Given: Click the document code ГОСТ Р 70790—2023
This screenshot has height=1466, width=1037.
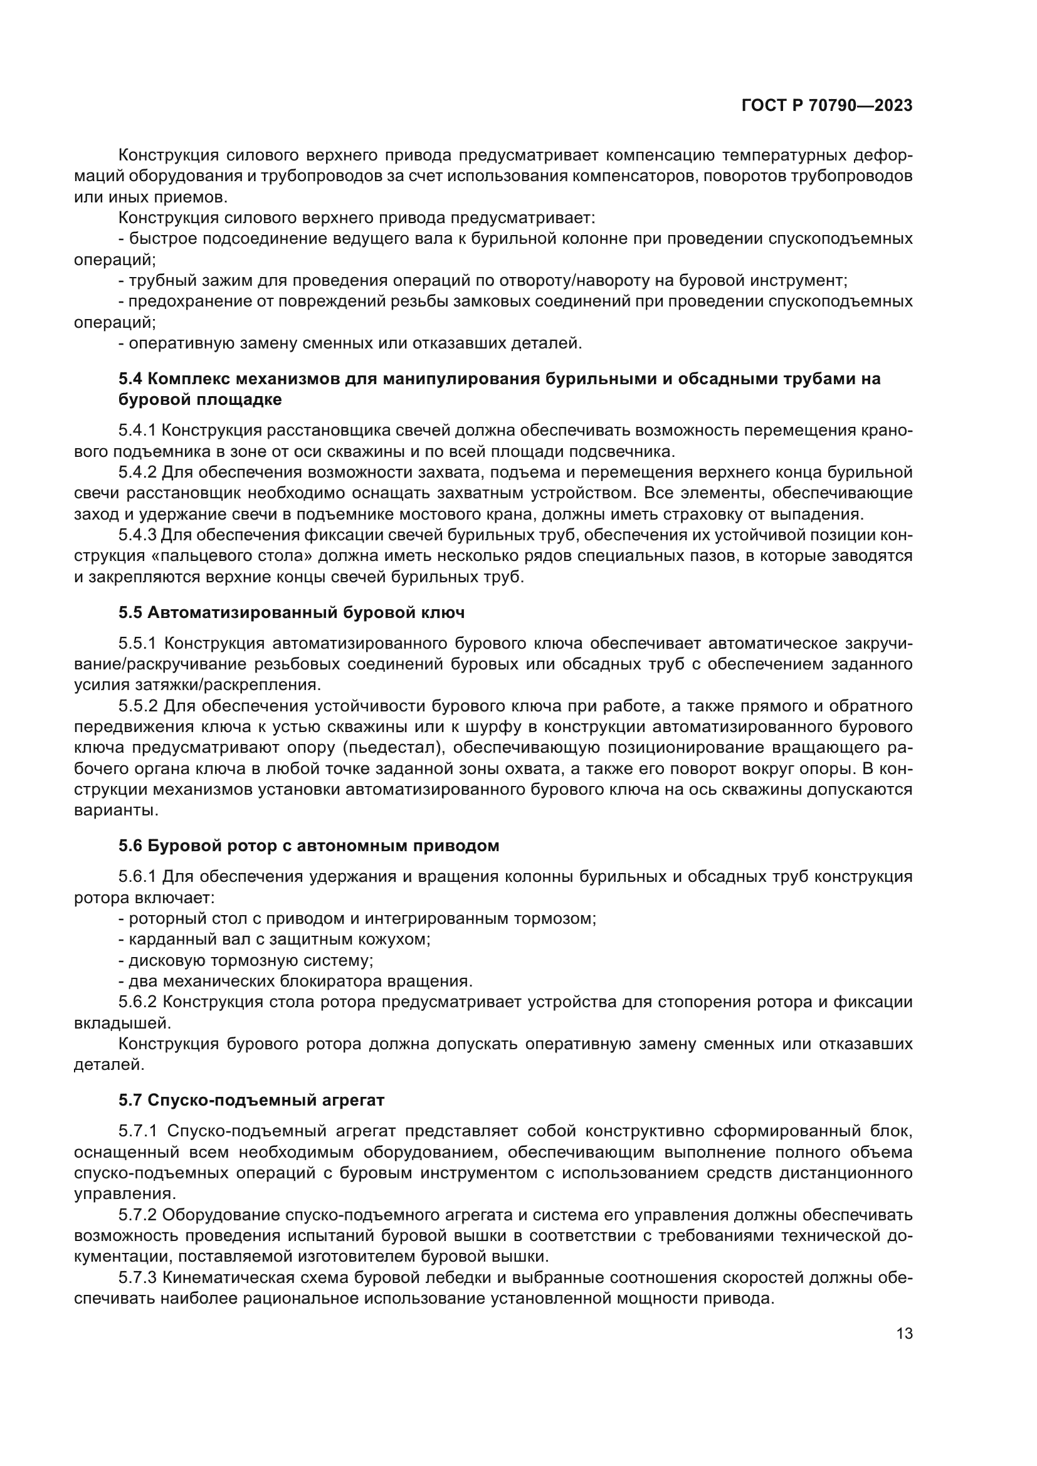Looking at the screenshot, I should coord(827,106).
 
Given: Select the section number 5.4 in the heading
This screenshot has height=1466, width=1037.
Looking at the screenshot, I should coord(130,379).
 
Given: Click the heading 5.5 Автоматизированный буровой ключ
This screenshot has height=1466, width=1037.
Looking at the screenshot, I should coord(291,612).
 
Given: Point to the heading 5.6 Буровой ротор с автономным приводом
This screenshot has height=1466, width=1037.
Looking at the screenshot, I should coord(308,846).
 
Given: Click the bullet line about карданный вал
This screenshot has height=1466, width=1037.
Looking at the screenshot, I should coord(275,940).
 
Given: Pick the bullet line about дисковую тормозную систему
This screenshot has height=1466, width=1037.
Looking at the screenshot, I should coord(246,960).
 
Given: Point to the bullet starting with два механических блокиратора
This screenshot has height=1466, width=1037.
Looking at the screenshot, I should coord(296,981).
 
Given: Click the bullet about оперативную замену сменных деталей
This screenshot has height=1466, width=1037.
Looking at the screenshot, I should coord(350,343).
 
